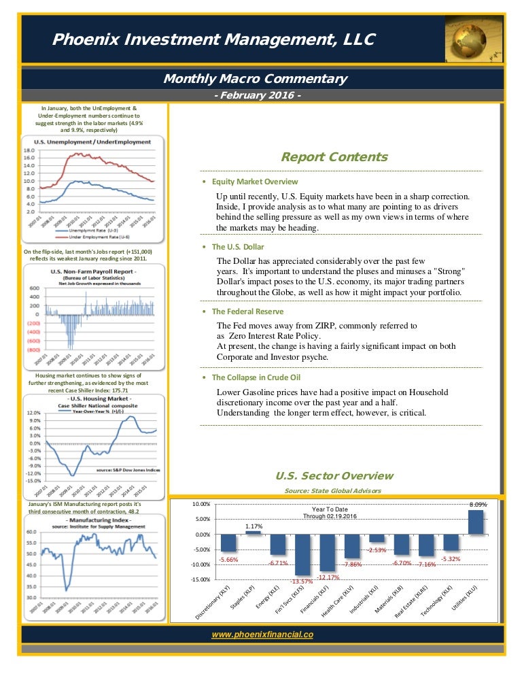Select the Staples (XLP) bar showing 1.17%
point(253,533)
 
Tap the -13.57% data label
point(302,581)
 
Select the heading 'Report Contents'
point(334,157)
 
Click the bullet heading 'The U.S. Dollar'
point(238,247)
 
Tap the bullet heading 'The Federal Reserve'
point(245,311)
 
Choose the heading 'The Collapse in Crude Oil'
point(256,377)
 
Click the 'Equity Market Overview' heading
point(255,182)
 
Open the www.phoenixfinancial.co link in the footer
point(262,634)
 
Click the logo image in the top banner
point(474,39)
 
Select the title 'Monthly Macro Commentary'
point(255,80)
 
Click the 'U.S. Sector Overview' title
point(334,475)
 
